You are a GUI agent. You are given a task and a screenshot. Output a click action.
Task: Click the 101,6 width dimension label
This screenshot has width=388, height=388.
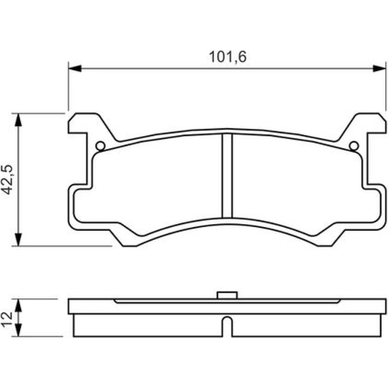tap(228, 57)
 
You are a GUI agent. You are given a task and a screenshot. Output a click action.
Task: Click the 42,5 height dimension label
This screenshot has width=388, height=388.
tap(7, 179)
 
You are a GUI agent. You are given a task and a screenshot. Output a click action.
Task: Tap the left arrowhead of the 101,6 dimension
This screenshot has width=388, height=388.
tap(75, 69)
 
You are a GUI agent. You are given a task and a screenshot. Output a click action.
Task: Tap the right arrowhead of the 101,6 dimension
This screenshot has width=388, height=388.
tap(379, 69)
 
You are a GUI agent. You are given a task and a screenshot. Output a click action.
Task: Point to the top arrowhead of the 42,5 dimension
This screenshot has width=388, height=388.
tap(18, 120)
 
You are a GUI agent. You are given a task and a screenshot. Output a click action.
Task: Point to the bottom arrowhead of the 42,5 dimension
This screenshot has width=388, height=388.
tap(18, 239)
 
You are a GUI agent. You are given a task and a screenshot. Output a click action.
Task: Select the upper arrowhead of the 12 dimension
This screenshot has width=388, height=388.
tap(18, 305)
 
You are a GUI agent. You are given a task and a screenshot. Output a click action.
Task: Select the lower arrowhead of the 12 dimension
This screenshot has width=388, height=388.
tap(18, 330)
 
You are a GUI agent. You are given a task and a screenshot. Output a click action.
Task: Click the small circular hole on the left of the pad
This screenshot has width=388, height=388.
tap(100, 146)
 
